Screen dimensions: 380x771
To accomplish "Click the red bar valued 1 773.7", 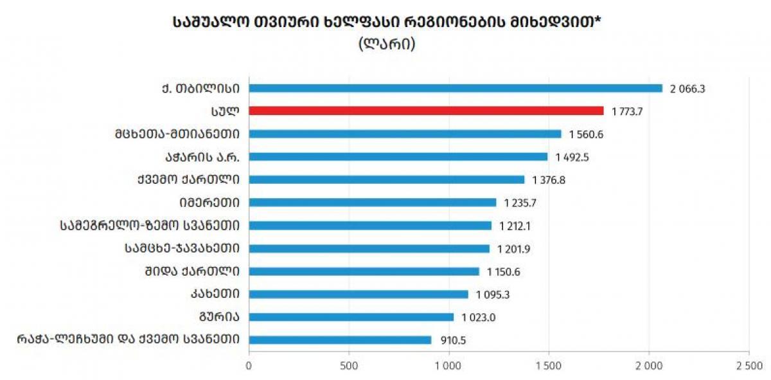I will pos(426,111).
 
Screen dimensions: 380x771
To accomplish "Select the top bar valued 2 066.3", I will pos(455,88).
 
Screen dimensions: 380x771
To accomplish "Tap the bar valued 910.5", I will pos(340,339).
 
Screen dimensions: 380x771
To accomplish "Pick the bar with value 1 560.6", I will pos(405,134).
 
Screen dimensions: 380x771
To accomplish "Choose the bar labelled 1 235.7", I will pos(372,203).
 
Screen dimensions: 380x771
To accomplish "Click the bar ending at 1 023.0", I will pos(351,317).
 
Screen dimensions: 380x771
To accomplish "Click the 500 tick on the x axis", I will pos(349,365).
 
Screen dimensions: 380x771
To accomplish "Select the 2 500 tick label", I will pos(748,365).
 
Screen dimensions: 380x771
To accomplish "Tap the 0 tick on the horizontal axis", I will pos(249,365).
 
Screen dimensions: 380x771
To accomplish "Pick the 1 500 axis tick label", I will pos(548,365).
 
